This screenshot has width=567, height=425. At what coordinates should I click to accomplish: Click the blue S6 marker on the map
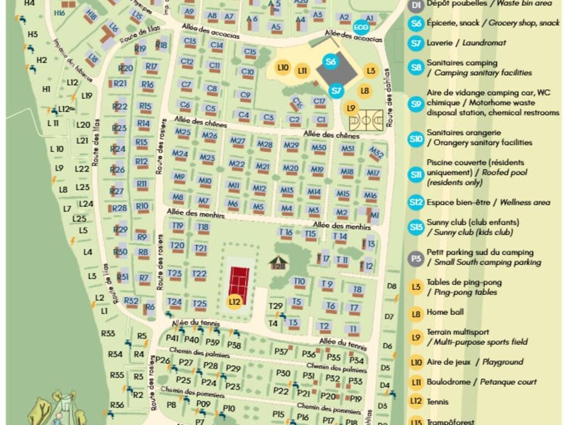tap(331, 61)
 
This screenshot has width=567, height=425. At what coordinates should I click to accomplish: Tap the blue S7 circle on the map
tap(336, 90)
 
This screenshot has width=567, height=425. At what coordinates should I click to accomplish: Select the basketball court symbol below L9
tap(366, 120)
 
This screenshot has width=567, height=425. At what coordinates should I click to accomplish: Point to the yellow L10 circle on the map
tap(282, 68)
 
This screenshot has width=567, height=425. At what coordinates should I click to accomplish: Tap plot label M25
tap(183, 132)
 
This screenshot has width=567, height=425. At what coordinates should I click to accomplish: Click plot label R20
tap(126, 68)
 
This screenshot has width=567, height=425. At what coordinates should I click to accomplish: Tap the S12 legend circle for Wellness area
tap(416, 202)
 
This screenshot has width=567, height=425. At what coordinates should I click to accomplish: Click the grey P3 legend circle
tap(416, 257)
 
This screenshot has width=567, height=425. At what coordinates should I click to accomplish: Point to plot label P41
tap(172, 338)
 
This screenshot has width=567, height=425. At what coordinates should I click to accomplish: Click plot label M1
tap(375, 215)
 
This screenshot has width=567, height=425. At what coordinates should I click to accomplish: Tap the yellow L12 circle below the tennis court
tap(235, 302)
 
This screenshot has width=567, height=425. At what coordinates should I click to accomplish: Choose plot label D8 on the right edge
tap(392, 286)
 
